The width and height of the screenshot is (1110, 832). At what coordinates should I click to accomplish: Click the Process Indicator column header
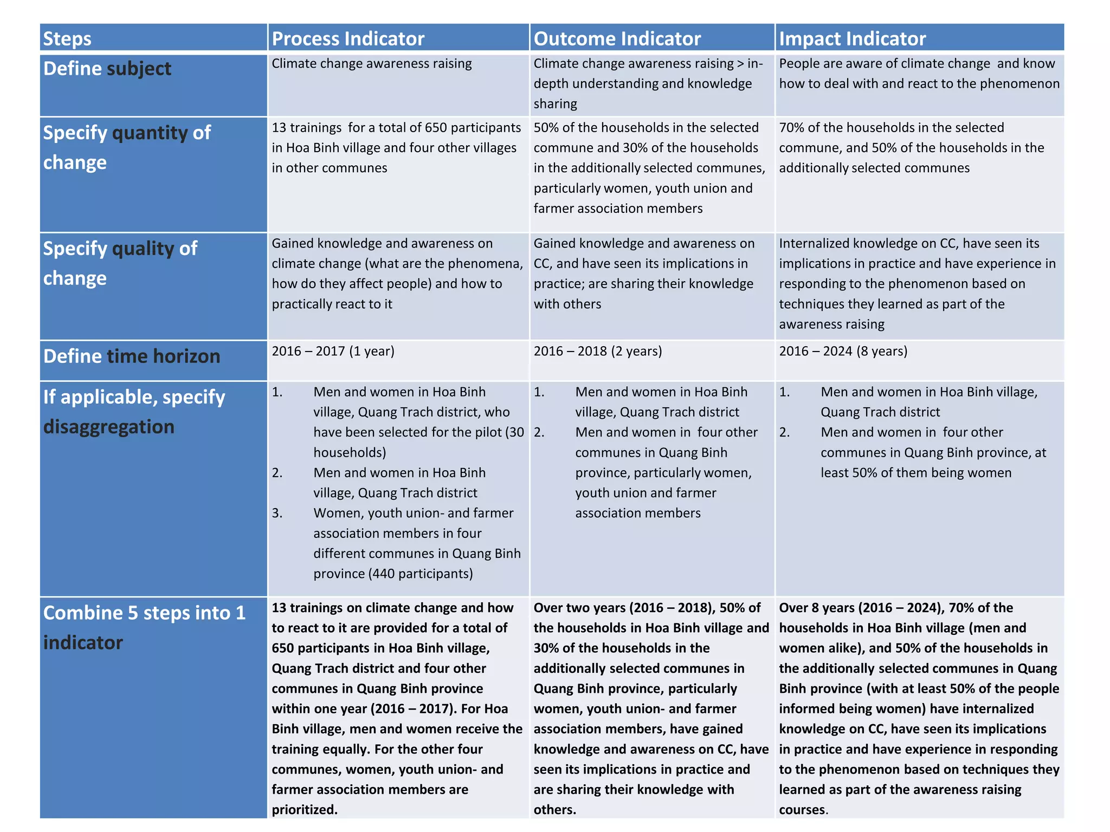click(347, 38)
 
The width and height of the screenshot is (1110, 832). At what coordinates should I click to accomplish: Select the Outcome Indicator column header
click(617, 38)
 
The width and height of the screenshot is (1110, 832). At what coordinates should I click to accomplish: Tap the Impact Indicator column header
click(852, 38)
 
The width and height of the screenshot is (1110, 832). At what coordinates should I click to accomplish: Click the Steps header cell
click(67, 38)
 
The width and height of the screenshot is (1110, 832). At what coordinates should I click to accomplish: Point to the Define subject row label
click(107, 69)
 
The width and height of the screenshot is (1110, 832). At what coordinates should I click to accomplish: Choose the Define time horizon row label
click(132, 356)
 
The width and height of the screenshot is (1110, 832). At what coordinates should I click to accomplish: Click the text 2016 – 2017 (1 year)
click(333, 351)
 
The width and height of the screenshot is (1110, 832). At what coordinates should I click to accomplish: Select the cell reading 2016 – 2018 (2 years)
click(597, 351)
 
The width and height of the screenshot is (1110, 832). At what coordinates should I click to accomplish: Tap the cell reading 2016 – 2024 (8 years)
click(843, 351)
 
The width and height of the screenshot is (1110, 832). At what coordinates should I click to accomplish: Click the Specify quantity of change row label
click(126, 147)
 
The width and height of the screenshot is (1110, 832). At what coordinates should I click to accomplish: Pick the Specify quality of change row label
click(120, 263)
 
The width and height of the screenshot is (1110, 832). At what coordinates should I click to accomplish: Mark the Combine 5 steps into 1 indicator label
click(144, 627)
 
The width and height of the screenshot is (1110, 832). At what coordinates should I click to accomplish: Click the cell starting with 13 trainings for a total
click(396, 147)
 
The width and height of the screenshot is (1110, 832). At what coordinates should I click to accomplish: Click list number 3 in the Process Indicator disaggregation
click(277, 513)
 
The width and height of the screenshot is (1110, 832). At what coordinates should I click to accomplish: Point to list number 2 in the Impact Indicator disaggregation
click(784, 432)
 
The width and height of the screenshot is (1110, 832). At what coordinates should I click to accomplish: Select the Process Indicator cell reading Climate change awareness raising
click(371, 63)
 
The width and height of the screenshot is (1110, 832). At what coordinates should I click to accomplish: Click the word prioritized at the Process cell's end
click(304, 809)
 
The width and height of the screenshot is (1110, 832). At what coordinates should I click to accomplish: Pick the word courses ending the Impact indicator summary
click(803, 809)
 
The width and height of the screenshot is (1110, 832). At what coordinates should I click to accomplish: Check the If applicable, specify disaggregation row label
click(134, 412)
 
